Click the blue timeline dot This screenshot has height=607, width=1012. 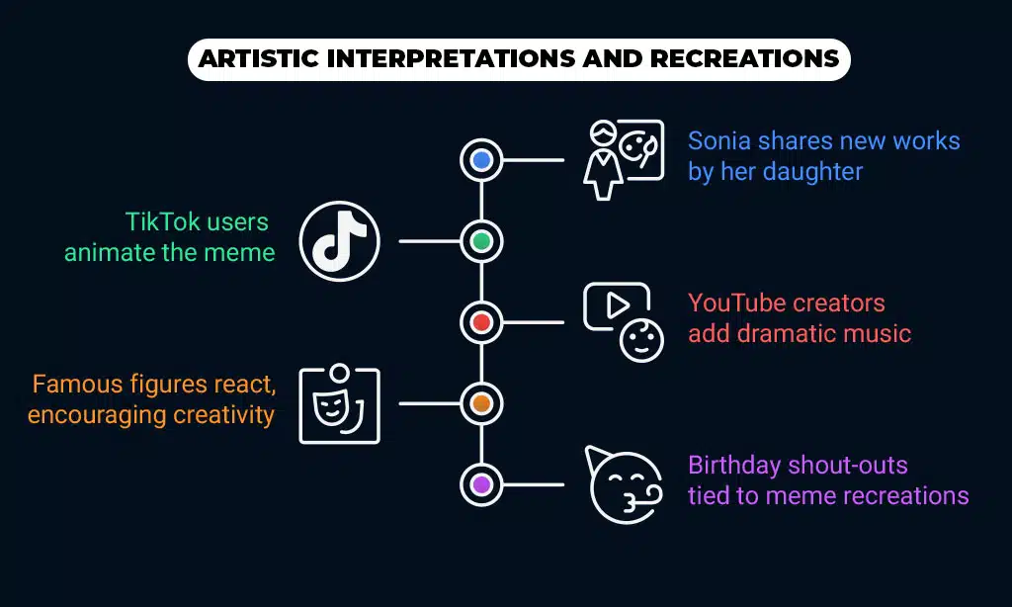[481, 159]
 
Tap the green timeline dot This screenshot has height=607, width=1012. [481, 241]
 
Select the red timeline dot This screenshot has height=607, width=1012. [481, 322]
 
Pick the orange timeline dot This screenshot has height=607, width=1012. [481, 403]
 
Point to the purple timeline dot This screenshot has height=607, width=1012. [481, 484]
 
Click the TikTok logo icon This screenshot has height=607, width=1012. [340, 241]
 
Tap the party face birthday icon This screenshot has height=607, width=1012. [624, 484]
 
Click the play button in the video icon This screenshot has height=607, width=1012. [617, 305]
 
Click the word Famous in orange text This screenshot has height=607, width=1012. [77, 385]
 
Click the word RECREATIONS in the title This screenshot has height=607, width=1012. [745, 58]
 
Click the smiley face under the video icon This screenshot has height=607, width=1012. [641, 340]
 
